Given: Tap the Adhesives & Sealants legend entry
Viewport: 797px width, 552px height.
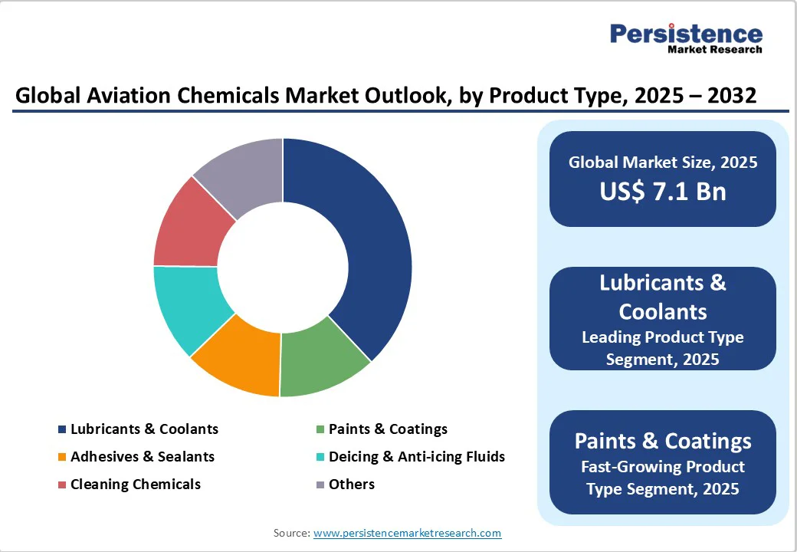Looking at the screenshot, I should pos(143,457).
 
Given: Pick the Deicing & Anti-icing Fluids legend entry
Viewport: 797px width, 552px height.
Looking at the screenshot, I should pos(416,457).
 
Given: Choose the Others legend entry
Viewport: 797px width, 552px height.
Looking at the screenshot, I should pos(351,485).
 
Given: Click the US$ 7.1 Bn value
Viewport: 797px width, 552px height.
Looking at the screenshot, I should pos(663,191).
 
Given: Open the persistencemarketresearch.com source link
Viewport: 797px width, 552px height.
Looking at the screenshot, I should pos(407,533).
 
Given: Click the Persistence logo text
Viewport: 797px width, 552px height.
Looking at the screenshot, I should pos(686,34).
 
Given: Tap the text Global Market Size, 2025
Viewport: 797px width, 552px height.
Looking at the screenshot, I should pos(663,162).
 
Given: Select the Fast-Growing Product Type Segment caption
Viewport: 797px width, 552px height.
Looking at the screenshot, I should pos(663,478).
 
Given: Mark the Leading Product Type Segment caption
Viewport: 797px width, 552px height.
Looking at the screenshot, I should pos(663,347).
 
